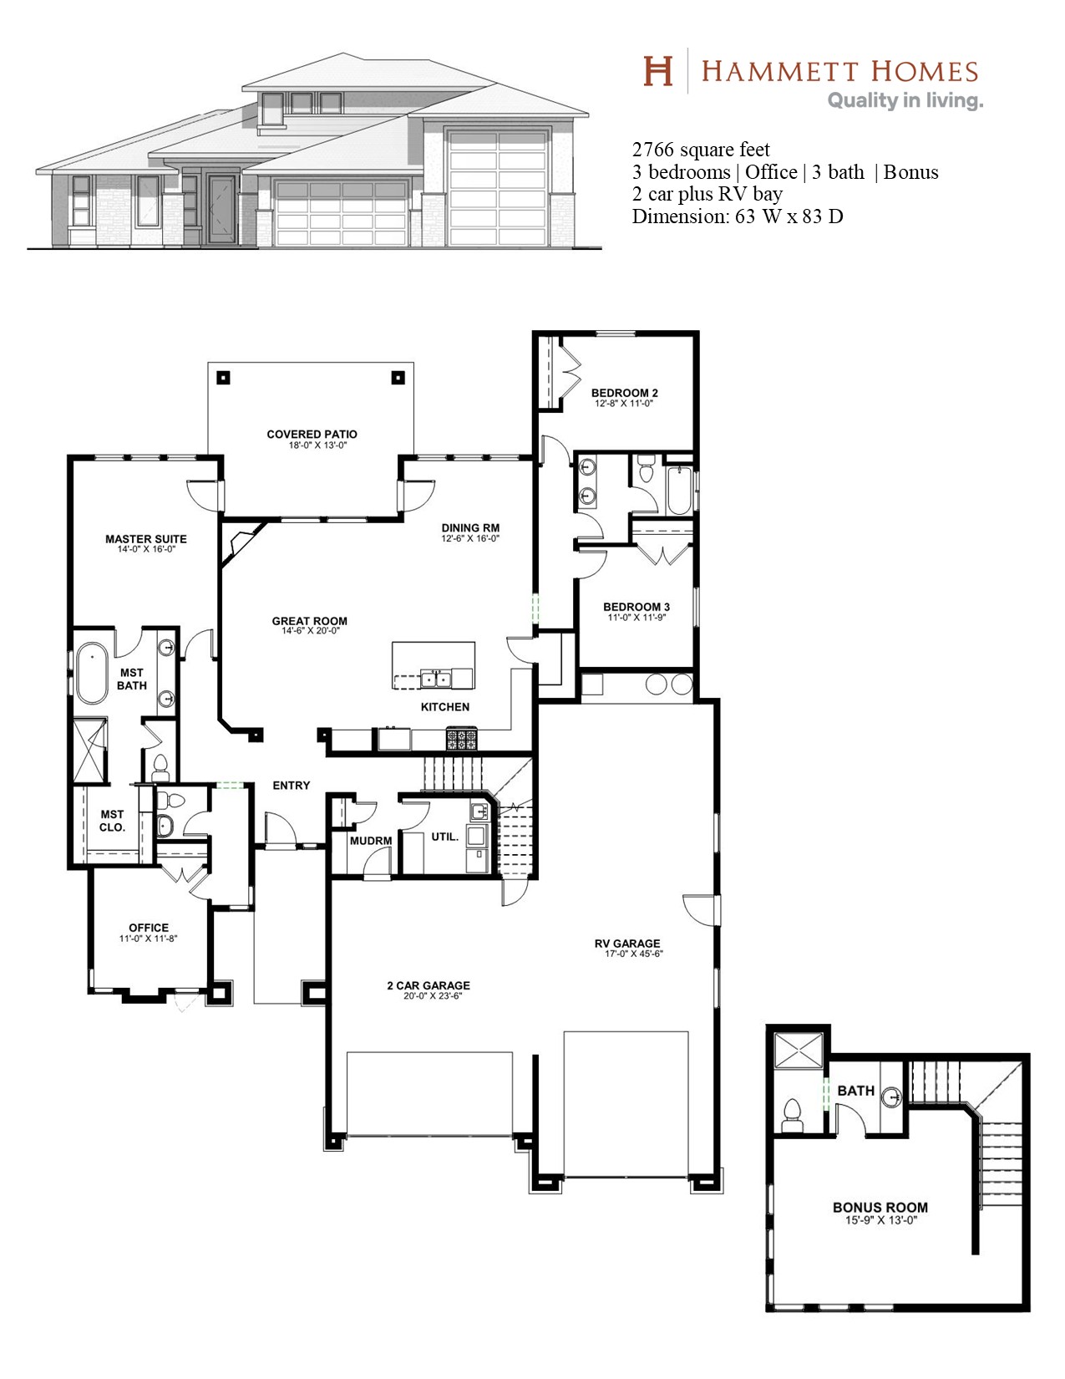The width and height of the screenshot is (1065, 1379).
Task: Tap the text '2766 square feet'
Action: click(701, 150)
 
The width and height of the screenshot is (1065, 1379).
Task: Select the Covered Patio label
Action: click(312, 434)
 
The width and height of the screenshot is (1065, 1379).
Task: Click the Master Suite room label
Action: click(146, 539)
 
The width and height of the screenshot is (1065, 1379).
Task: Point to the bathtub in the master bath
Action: click(92, 673)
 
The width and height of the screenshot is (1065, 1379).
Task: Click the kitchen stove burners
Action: click(463, 739)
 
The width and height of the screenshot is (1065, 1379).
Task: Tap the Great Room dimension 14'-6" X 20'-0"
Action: click(311, 631)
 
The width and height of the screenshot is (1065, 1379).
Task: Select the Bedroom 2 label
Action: click(624, 393)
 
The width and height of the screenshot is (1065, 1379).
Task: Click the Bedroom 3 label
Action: click(636, 607)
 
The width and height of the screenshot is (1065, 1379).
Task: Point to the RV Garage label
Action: click(626, 944)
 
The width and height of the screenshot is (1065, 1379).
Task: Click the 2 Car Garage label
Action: click(429, 985)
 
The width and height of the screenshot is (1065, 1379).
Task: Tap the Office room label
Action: click(149, 928)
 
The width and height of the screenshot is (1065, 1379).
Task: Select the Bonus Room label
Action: click(880, 1208)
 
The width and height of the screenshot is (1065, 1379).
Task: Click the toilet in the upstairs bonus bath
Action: click(792, 1116)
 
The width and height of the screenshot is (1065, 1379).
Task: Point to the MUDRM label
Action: click(371, 841)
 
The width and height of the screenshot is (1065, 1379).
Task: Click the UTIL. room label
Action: click(444, 837)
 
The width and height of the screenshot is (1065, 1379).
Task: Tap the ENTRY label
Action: click(292, 786)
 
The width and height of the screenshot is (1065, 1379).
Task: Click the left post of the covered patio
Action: click(223, 379)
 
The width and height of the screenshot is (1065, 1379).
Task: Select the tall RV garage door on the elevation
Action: click(498, 186)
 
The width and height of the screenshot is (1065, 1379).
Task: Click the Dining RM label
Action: click(470, 528)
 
